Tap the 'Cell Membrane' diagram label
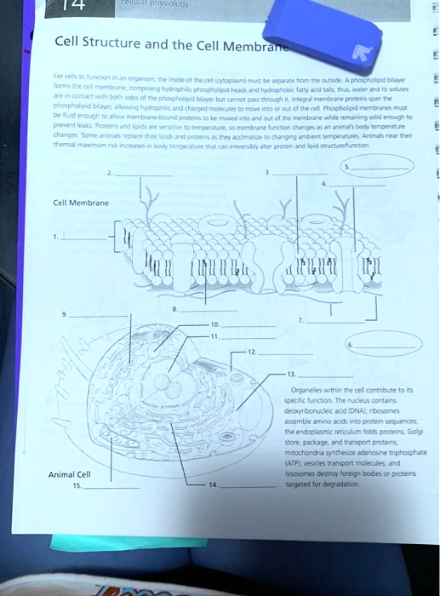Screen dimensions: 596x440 [x=82, y=203]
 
